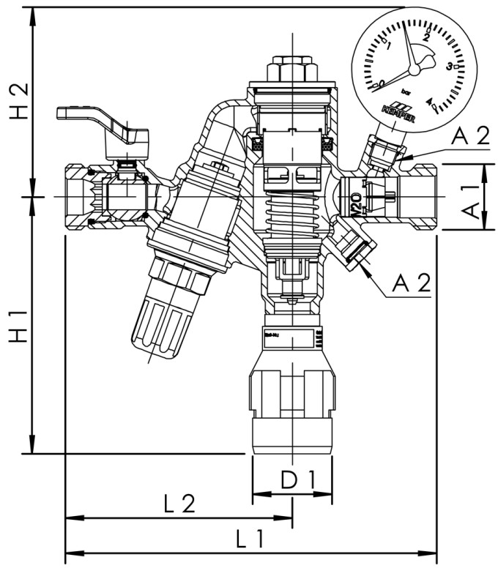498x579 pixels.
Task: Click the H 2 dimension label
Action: pos(22,100)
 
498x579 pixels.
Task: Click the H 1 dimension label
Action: pos(22,325)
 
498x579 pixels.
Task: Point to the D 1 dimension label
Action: pos(299,481)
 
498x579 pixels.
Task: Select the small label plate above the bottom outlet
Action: pos(291,339)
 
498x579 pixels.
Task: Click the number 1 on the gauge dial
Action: pos(389,45)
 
